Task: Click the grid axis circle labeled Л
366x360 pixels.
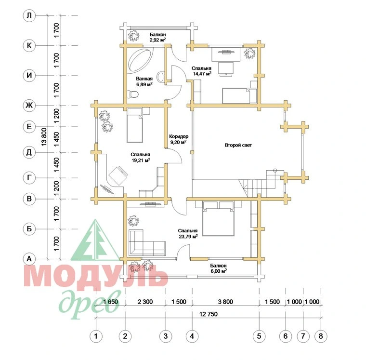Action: pos(29,15)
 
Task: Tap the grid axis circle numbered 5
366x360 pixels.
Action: pos(259,336)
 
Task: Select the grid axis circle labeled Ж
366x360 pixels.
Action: pos(29,106)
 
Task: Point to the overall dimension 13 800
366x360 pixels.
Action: pos(44,137)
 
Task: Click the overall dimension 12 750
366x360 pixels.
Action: pos(209,314)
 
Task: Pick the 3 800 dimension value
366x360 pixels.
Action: pos(225,302)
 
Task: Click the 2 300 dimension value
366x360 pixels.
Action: pos(145,302)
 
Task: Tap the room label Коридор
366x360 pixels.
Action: pos(179,136)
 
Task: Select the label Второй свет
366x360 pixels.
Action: pos(238,145)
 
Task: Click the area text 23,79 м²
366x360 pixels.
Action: pos(188,236)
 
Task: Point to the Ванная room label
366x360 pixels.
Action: pos(144,79)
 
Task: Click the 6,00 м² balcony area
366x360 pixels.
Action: pos(218,271)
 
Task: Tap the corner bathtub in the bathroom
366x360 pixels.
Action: pos(141,60)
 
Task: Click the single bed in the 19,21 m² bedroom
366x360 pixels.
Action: pos(135,125)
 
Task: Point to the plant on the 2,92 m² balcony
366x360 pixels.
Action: pos(133,36)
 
